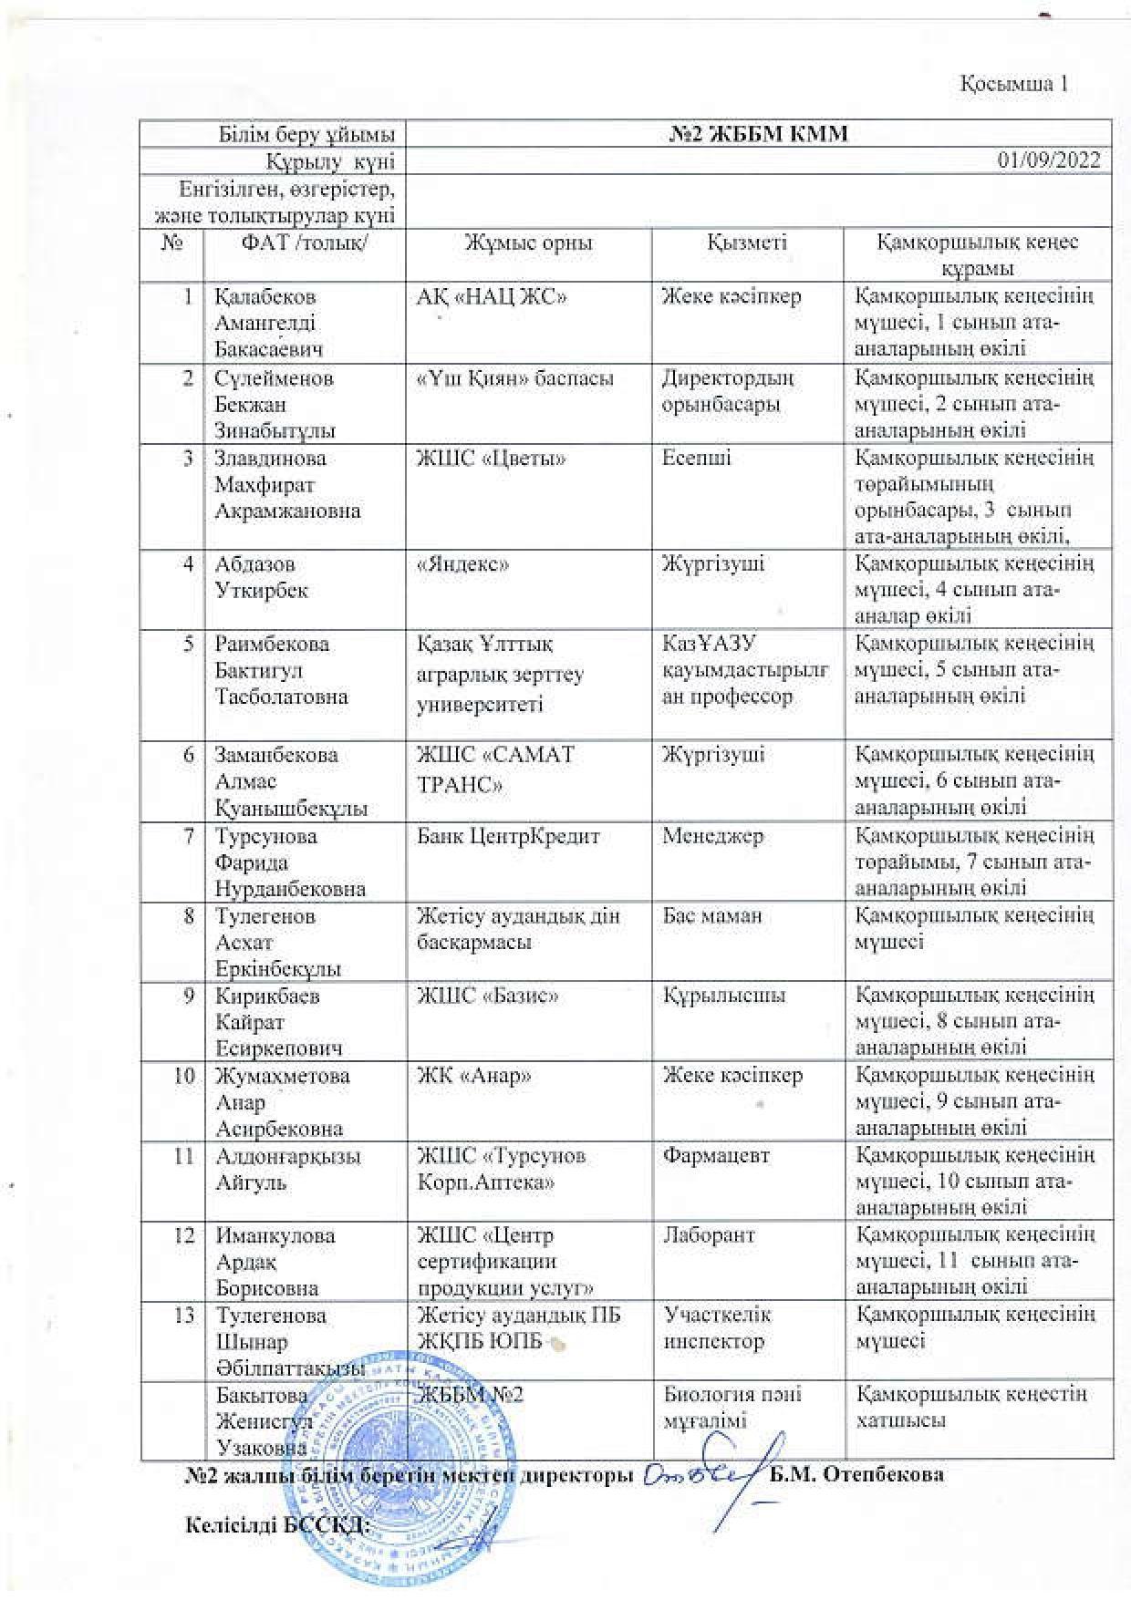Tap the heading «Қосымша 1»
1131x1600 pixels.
[x=1013, y=84]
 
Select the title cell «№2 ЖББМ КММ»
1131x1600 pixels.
[x=758, y=134]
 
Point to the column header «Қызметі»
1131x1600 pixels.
[x=747, y=243]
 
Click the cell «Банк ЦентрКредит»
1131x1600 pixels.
[x=508, y=835]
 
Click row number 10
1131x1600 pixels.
[x=185, y=1076]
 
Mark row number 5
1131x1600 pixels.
[x=189, y=645]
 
